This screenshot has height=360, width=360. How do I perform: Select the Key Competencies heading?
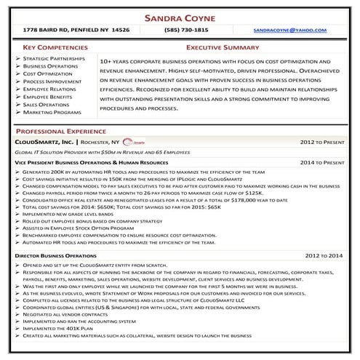(49, 46)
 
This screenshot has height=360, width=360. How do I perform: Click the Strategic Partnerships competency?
(55, 57)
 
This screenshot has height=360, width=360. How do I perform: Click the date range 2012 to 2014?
(325, 257)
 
